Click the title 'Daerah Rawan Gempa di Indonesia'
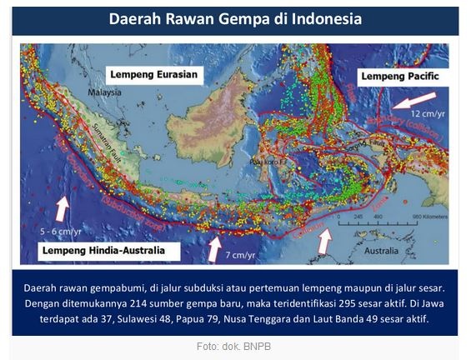point(234,20)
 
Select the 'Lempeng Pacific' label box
point(399,77)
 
